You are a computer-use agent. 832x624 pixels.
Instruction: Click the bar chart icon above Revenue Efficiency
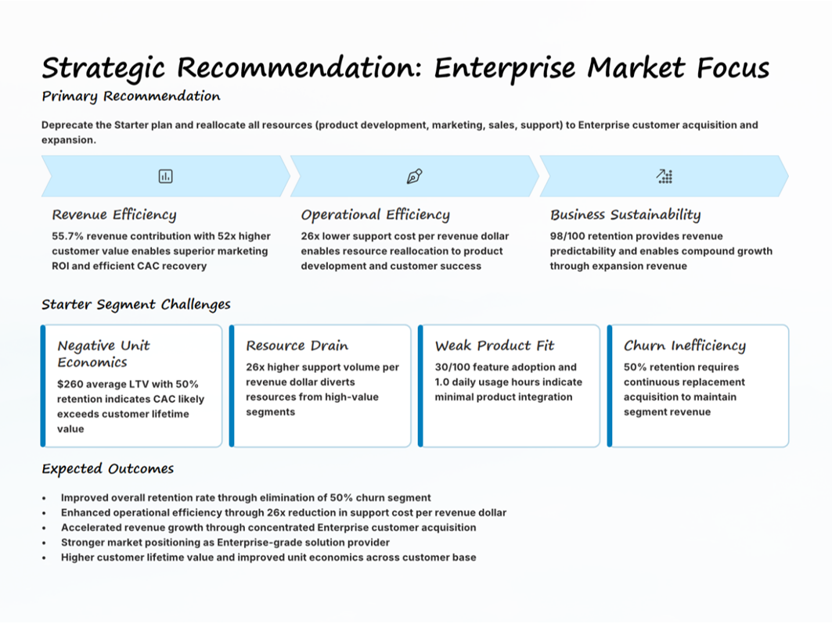166,176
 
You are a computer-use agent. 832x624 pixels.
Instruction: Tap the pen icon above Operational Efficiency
414,176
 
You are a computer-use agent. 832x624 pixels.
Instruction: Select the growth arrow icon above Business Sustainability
664,176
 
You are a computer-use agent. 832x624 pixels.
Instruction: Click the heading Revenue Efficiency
114,215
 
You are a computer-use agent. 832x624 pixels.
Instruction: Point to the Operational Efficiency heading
375,215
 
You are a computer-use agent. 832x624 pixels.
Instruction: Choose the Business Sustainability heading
625,215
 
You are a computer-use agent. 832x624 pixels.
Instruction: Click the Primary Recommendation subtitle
131,96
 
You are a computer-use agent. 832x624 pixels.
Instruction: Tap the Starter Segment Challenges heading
136,304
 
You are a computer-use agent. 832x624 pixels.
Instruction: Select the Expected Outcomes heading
108,468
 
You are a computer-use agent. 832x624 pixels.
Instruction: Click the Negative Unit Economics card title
103,353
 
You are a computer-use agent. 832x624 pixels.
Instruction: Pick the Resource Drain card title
297,346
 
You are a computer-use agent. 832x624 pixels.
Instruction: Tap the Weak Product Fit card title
495,346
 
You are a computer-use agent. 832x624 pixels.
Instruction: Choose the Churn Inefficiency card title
685,346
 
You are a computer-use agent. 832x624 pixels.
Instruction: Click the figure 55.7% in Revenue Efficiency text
67,236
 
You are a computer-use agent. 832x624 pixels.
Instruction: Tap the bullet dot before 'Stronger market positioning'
44,543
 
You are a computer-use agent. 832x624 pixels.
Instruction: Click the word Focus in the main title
733,68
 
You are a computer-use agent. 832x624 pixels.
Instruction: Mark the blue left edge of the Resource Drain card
232,386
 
